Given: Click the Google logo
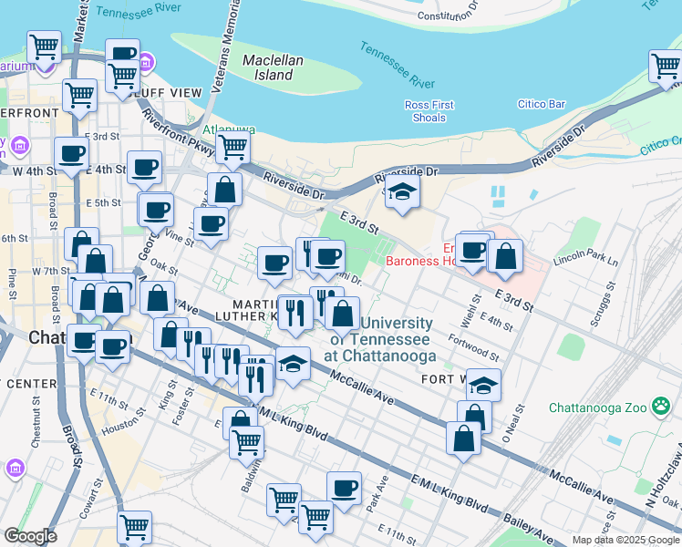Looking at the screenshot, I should point(30,536).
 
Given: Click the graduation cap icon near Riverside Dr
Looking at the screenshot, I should point(400,192).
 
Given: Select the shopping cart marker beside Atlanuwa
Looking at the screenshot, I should point(233,146).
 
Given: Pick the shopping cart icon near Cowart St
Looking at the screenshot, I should point(134,526).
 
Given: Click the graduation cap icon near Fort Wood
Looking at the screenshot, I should point(484,385).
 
